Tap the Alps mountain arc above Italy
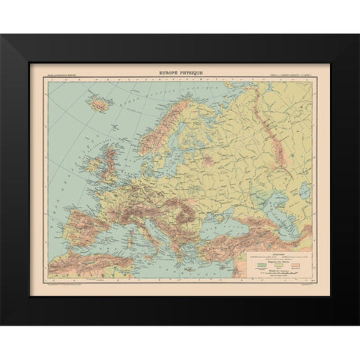tap(136, 190)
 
